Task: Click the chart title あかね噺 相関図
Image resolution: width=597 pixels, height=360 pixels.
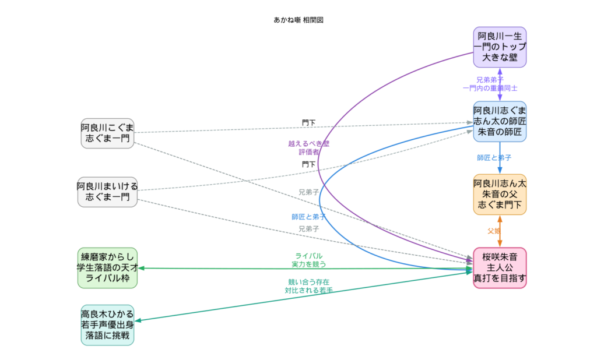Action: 298,20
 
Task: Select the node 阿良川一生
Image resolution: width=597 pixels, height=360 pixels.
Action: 500,47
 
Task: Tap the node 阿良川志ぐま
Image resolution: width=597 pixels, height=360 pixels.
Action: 500,121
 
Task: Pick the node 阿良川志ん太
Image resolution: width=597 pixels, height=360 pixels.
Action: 500,194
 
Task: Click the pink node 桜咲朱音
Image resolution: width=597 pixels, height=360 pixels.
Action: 500,267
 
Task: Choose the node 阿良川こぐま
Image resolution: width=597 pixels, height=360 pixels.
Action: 107,133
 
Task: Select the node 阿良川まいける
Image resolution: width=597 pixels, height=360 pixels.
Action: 107,192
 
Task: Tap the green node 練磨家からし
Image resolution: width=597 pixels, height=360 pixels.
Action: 107,267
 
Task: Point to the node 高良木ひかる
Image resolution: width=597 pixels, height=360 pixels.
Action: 107,324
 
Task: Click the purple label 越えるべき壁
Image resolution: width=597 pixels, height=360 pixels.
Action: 308,143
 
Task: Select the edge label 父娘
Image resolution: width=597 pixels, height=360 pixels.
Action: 494,231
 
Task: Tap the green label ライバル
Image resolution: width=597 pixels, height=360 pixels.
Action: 308,256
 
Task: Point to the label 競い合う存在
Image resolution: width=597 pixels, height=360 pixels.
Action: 308,282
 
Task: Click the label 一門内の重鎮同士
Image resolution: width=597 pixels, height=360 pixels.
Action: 490,88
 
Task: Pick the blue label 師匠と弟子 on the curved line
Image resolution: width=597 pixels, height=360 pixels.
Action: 308,217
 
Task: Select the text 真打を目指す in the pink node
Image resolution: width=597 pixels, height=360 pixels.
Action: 500,278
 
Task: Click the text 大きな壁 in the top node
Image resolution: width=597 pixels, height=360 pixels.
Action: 500,57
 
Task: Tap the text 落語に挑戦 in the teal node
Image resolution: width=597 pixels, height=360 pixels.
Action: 107,336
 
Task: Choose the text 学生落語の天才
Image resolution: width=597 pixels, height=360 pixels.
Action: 107,267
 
